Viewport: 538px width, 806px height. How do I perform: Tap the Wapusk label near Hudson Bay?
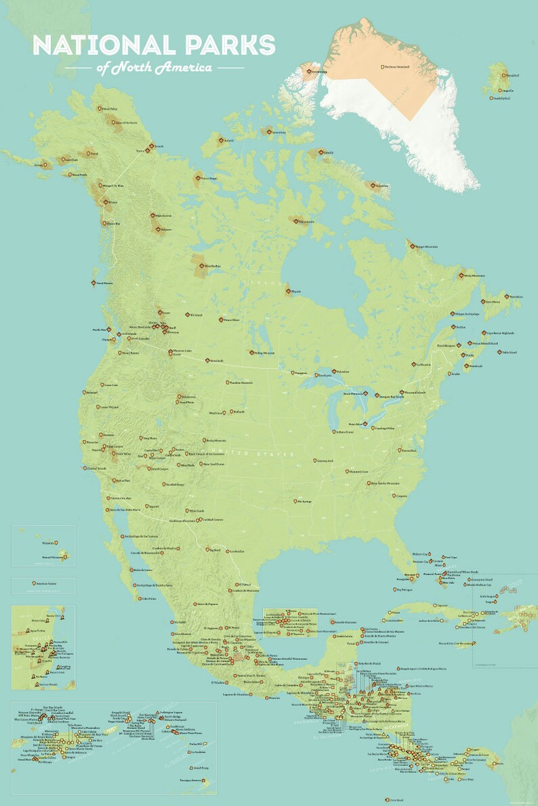tap(299, 292)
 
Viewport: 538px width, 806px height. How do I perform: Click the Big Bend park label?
tap(216, 550)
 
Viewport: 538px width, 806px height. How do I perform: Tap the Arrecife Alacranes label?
tap(345, 621)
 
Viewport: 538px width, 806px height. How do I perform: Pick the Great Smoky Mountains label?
tap(385, 484)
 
